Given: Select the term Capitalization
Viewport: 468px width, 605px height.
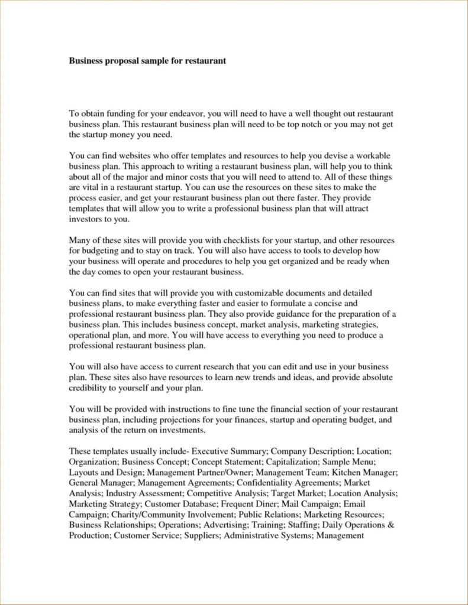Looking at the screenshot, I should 293,461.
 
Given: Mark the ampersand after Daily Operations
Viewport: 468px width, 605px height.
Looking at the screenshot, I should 390,525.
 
